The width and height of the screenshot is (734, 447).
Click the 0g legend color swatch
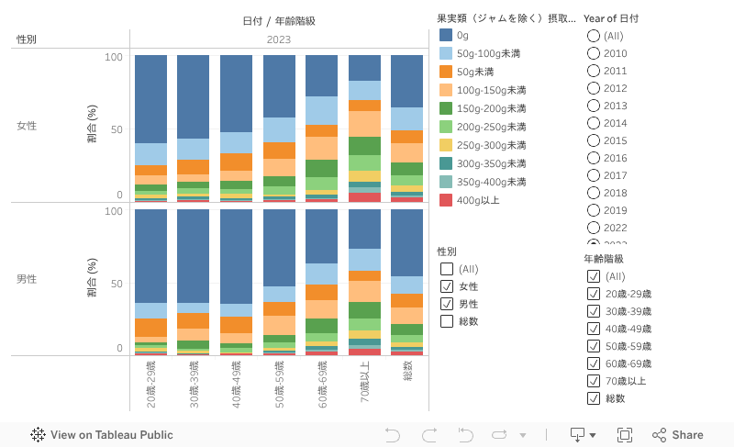coord(446,35)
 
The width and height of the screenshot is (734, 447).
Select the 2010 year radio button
coord(594,53)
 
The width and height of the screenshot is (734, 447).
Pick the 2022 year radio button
coord(594,228)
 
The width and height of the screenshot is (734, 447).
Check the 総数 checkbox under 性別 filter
coord(447,321)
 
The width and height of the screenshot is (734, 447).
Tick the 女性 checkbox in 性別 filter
coord(447,286)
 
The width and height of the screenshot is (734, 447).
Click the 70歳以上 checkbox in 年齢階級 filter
coord(594,381)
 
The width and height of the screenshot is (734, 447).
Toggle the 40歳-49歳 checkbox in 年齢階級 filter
coord(594,329)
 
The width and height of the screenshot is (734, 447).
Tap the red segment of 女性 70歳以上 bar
coord(364,196)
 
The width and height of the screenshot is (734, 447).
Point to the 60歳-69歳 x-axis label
coord(322,382)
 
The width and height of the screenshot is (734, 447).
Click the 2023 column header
coord(279,39)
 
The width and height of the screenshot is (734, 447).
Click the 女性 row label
coord(27,126)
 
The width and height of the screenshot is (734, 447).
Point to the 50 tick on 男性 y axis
coord(115,284)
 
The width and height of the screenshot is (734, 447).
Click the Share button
coord(678,435)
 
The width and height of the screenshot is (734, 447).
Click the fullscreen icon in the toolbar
coord(625,435)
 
